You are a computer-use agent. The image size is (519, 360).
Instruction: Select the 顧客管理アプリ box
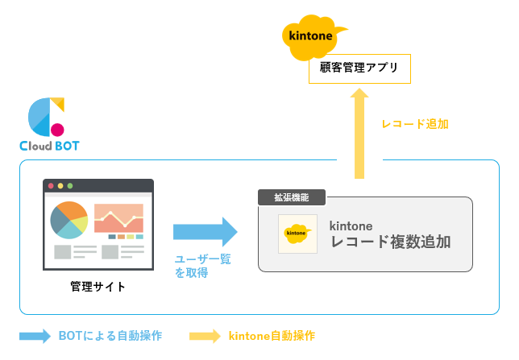click(x=359, y=68)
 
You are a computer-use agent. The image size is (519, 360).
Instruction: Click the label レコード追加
click(x=415, y=124)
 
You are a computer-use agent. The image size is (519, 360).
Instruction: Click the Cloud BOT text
click(x=50, y=147)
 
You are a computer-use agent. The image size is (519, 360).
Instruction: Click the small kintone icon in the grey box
click(x=297, y=234)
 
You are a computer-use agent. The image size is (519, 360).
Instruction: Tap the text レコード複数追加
click(x=390, y=241)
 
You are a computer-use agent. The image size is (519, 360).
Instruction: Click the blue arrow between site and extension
click(x=206, y=232)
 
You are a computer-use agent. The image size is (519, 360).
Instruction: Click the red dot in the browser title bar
click(x=52, y=186)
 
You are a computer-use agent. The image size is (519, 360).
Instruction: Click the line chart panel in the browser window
click(x=118, y=217)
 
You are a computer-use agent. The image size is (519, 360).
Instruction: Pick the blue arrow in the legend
click(x=35, y=336)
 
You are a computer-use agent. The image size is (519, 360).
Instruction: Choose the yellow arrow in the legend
click(x=204, y=336)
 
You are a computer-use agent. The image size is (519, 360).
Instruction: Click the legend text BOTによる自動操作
click(x=110, y=336)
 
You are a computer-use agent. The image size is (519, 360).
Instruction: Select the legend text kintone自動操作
click(x=272, y=336)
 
